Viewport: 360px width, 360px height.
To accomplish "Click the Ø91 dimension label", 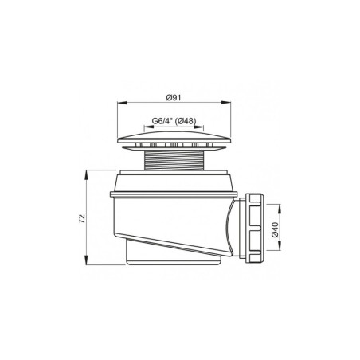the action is pos(174,97).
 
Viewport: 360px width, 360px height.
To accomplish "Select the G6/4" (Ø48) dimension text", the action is pos(174,121).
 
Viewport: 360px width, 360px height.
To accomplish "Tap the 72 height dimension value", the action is pos(83,217).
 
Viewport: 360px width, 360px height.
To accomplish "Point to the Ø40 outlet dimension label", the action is pos(275,229).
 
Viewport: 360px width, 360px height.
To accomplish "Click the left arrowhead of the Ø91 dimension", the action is pos(121,102).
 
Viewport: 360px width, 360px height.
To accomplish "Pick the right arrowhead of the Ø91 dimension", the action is pos(226,102).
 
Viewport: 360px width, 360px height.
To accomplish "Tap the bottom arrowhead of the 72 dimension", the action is pos(86,260).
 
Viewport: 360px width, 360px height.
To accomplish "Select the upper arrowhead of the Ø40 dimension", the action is pos(280,209).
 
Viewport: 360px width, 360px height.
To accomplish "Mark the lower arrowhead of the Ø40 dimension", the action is pos(280,245).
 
